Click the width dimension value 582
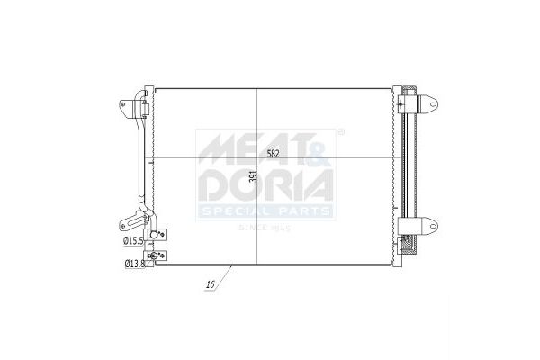point(273,154)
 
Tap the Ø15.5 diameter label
point(133,241)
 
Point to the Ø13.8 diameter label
point(135,264)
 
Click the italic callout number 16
point(210,284)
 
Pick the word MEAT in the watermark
point(253,148)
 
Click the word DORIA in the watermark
point(267,185)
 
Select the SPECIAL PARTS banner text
point(265,211)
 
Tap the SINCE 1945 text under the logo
point(265,228)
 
